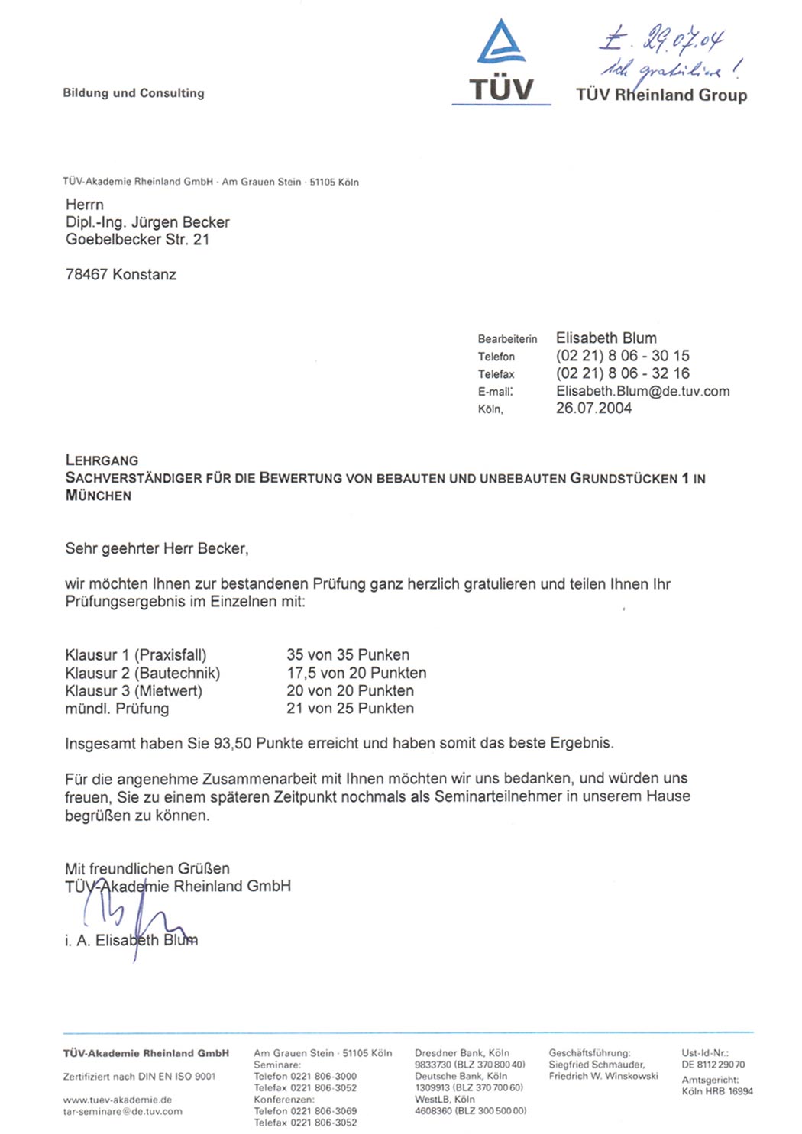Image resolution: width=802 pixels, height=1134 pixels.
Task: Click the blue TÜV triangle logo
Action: [x=501, y=43]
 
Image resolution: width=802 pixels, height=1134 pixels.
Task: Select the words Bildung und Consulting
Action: [x=134, y=93]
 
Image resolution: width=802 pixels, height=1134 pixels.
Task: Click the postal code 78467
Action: [x=87, y=275]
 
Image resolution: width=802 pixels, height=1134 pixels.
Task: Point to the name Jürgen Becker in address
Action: [x=180, y=222]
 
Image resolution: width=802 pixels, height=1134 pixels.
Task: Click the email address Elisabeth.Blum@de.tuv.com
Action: [x=642, y=391]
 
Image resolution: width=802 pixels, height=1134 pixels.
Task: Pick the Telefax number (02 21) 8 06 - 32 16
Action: [x=623, y=373]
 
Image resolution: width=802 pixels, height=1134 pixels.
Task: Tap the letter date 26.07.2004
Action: [x=593, y=409]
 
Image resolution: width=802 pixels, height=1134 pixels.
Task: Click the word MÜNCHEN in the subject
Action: [x=99, y=496]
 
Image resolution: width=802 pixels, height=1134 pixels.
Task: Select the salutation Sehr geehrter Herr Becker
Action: [x=157, y=548]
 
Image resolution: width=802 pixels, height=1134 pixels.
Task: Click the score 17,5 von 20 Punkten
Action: [x=356, y=673]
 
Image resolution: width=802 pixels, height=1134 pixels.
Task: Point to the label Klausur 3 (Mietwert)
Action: [x=134, y=691]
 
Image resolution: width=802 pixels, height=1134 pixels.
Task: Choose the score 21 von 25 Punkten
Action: [x=350, y=709]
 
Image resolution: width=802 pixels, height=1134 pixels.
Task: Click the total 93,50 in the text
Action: [x=232, y=744]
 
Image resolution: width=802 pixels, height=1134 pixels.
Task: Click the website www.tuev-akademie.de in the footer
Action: [x=118, y=1100]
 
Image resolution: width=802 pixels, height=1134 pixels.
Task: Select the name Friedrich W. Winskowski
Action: [x=603, y=1076]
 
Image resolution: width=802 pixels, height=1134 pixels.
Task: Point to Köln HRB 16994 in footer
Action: [x=717, y=1091]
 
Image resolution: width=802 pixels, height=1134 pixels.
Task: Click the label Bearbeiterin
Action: [x=507, y=339]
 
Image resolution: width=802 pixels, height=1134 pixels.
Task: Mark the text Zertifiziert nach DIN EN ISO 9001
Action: [x=139, y=1077]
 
